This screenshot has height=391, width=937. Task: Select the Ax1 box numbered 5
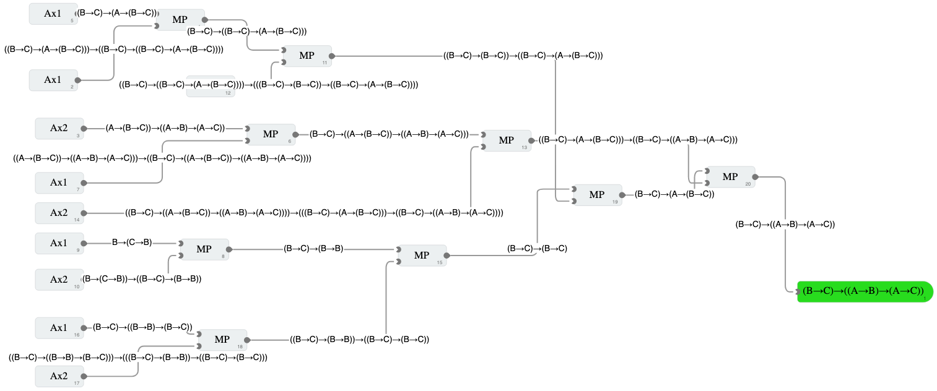point(53,14)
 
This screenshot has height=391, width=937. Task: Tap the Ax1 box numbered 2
point(53,80)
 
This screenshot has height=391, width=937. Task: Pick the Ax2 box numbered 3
point(59,128)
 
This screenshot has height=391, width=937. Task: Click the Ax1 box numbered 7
point(59,183)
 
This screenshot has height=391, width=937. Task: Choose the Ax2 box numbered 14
point(59,213)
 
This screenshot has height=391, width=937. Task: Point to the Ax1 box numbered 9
point(59,243)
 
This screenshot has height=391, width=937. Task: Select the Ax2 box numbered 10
point(59,280)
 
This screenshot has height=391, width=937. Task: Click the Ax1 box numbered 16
point(59,328)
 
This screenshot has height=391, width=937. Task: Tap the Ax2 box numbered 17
point(59,376)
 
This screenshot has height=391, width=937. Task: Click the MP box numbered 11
point(307,56)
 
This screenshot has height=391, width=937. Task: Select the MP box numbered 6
point(271,134)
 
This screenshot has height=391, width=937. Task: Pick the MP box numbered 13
point(507,140)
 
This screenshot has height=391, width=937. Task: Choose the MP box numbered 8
point(204,249)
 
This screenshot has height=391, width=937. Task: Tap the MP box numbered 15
point(422,256)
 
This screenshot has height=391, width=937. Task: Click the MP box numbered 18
point(222,340)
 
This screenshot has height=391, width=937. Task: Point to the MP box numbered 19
point(597,195)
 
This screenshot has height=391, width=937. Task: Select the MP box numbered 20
point(730,177)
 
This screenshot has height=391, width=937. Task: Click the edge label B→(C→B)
point(132,243)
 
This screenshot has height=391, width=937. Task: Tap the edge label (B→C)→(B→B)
point(313,249)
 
